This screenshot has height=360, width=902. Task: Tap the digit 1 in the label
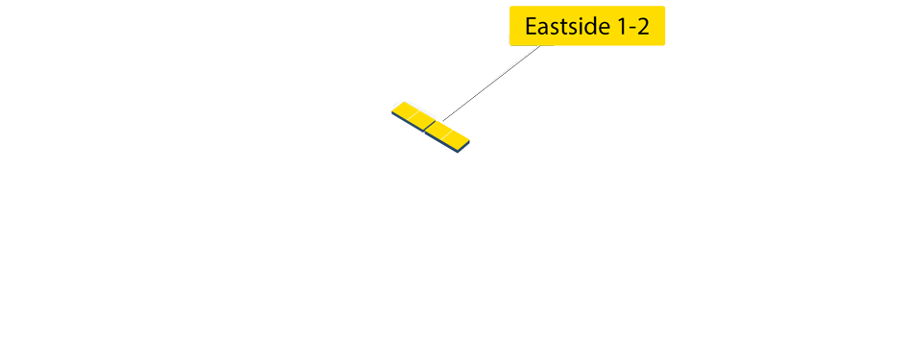[x=617, y=27]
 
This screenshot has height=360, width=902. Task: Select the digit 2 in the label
[x=641, y=27]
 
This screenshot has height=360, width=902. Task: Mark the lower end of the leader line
[x=443, y=120]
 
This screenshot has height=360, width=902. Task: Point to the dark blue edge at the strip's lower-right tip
[x=464, y=149]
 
